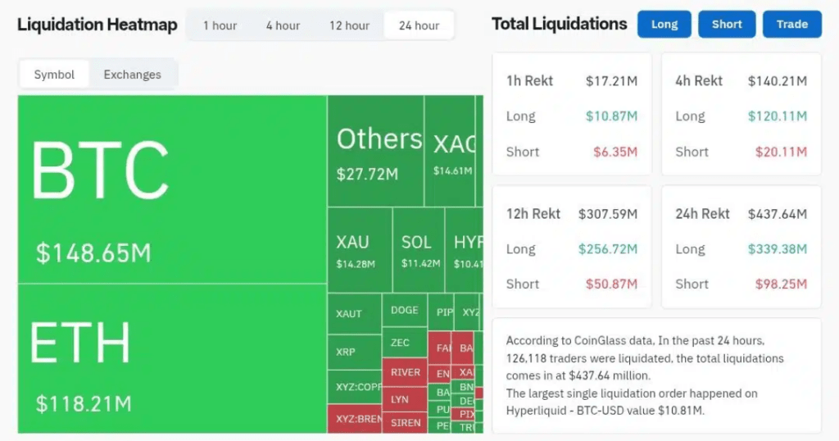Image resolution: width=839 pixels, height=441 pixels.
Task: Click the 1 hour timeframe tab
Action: [x=220, y=25]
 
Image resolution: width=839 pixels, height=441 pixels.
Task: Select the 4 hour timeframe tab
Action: [x=283, y=25]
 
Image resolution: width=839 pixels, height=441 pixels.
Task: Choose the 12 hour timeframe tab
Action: [x=349, y=25]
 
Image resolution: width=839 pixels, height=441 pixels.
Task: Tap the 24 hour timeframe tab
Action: [x=419, y=25]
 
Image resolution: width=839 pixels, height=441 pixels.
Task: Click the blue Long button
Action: [x=664, y=25]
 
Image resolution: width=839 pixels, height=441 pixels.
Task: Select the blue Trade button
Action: [x=792, y=25]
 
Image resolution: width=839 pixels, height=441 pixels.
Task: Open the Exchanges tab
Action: [x=132, y=75]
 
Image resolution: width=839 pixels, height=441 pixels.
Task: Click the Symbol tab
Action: [x=54, y=75]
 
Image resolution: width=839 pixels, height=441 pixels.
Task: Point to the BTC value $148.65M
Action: [x=93, y=252]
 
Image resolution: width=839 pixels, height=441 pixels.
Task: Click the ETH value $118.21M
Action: [x=84, y=403]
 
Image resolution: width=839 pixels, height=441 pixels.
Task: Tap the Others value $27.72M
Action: [x=367, y=175]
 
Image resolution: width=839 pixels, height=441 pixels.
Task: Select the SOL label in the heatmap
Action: [x=416, y=243]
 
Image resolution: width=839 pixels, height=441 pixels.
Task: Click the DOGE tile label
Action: [x=405, y=310]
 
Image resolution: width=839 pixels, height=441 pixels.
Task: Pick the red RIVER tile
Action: [x=406, y=372]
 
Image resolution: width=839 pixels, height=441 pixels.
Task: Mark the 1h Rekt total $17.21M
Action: [x=611, y=81]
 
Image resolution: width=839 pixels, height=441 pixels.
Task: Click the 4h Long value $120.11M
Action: [x=777, y=116]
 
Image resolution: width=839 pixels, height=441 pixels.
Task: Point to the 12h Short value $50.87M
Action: [x=611, y=284]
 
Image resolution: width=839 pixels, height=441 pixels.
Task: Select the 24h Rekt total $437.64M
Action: [x=777, y=214]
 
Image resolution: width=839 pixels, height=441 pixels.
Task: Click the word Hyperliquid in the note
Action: [x=542, y=410]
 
